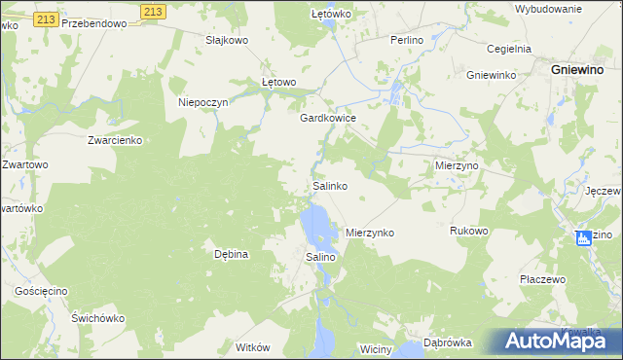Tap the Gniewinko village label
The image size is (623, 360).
490,75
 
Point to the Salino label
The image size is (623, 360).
321,257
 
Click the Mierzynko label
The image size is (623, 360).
370,234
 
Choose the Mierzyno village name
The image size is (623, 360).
456,166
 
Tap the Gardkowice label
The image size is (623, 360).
328,118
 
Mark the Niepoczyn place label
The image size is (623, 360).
202,102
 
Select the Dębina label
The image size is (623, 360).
233,254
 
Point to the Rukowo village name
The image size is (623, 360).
468,231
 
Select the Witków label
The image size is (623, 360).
252,346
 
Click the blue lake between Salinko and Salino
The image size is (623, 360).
316,227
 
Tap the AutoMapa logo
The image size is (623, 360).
554,340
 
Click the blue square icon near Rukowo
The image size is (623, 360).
583,237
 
